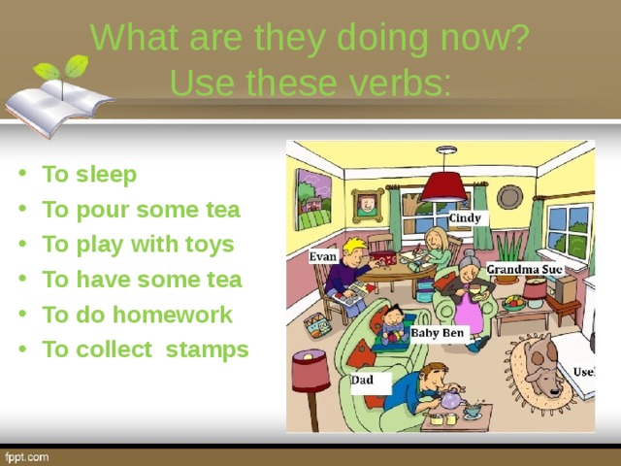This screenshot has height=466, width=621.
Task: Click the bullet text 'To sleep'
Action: [x=89, y=175]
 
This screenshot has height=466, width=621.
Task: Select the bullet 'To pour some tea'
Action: [x=142, y=210]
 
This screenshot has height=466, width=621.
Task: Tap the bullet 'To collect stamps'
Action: [x=146, y=349]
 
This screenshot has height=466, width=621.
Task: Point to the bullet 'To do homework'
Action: [x=137, y=315]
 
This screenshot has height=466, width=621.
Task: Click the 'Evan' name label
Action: [x=323, y=256]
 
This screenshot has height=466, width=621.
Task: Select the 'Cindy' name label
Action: [x=465, y=217]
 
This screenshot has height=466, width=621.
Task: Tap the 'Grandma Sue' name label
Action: [x=525, y=270]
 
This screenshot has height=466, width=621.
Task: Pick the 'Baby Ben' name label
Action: [x=438, y=332]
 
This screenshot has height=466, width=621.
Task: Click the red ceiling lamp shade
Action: [x=444, y=187]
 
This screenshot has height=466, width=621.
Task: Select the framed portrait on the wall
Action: [x=368, y=205]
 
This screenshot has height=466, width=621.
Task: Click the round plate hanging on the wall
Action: [x=510, y=197]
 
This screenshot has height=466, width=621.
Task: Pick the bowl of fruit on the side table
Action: [x=513, y=303]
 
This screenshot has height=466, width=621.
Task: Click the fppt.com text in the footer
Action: [x=27, y=457]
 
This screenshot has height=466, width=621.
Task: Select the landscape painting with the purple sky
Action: [x=313, y=199]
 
